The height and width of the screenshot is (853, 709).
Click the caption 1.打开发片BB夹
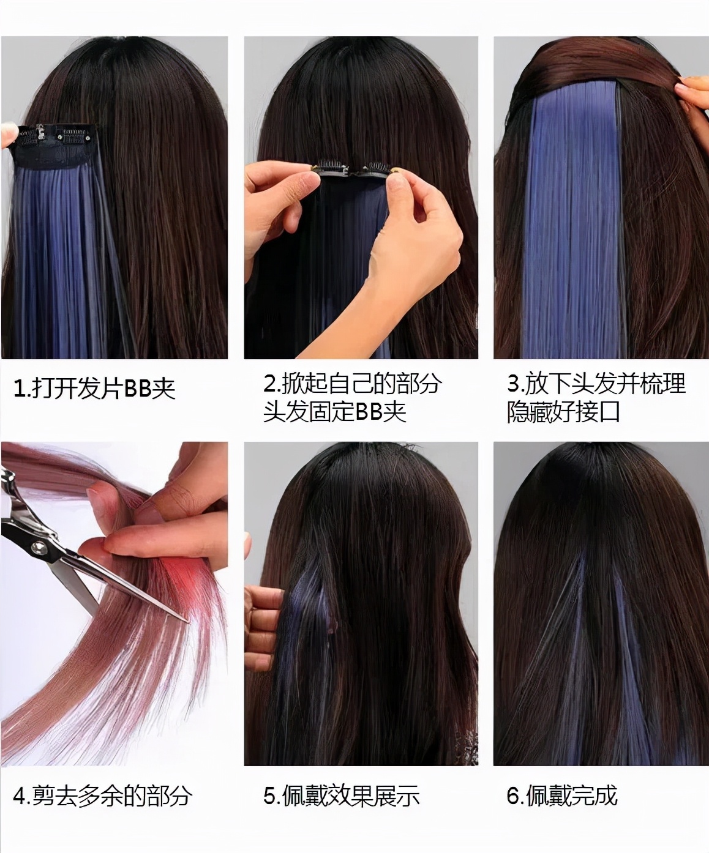coord(94,388)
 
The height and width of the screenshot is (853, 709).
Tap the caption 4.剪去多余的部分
coord(102,795)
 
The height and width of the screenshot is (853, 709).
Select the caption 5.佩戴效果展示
coord(342,795)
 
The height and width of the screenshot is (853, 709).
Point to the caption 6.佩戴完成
coord(562,795)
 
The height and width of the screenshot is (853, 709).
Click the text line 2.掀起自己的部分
coord(352,384)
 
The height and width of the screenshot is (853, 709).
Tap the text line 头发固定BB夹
coord(335,411)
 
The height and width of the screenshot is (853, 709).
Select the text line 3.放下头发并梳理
coord(596,384)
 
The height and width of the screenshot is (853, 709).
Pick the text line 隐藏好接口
coord(563,411)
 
